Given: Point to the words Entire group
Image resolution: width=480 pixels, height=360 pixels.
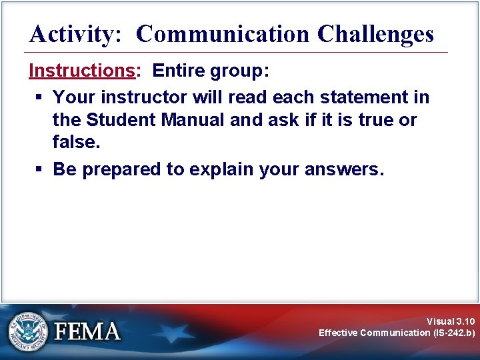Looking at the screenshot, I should pyautogui.click(x=211, y=71).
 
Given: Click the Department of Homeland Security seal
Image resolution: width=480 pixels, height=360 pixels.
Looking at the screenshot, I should pyautogui.click(x=28, y=331).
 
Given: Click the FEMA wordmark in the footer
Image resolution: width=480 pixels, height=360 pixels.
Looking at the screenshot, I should pyautogui.click(x=87, y=331).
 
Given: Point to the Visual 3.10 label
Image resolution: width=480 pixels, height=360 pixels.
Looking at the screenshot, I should pyautogui.click(x=451, y=321).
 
